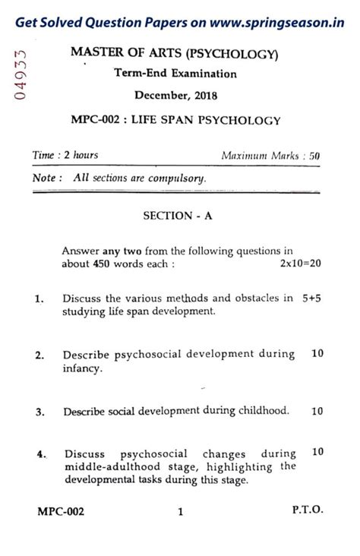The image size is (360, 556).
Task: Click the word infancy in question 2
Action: coord(82,368)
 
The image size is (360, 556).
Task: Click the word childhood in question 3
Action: coord(261,411)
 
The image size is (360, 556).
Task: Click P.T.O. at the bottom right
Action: coord(307,511)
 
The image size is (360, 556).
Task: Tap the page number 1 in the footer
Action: coord(181,512)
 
